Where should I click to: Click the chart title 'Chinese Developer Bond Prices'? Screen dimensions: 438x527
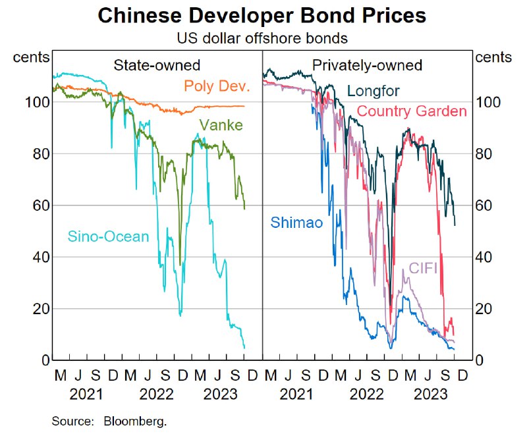coord(262,15)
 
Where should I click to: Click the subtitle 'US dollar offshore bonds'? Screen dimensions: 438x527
coord(262,39)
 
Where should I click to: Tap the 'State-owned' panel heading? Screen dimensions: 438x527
coord(157,65)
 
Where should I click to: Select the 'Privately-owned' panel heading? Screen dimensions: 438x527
coord(367,65)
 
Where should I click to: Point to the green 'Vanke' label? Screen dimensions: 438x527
coord(220,125)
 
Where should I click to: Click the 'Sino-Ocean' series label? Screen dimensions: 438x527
coord(109,236)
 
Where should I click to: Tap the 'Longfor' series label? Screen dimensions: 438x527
coord(373,90)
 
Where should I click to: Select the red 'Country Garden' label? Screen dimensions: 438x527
coord(412,111)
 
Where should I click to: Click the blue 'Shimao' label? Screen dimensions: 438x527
coord(296,223)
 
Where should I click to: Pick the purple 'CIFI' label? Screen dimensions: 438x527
coord(424,268)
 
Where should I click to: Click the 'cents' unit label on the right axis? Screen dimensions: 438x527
coord(493,57)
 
